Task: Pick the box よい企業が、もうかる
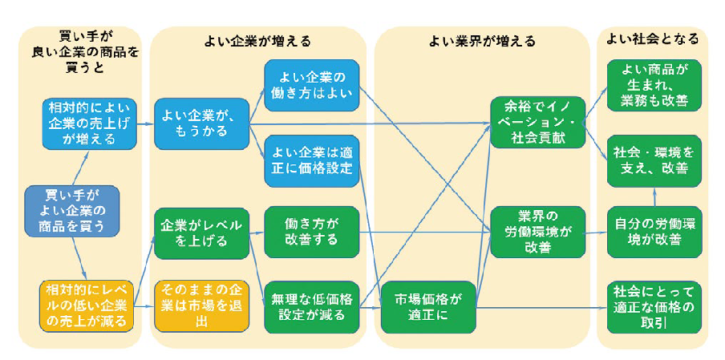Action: [x=201, y=123]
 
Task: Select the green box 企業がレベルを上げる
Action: [x=201, y=233]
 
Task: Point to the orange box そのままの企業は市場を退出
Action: [x=201, y=305]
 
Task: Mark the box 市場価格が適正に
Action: [x=428, y=305]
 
